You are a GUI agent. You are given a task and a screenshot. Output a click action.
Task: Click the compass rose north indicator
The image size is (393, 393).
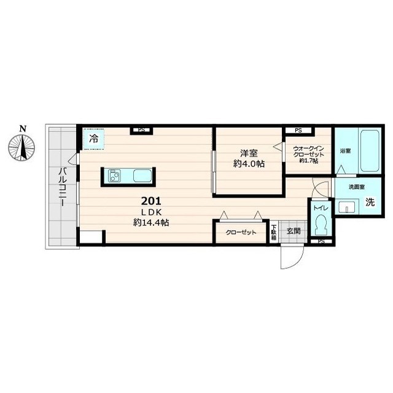point(21,146)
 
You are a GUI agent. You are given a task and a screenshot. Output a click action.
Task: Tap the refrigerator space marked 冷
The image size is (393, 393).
point(94,139)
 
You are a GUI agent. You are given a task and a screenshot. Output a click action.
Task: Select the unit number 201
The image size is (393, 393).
point(151,201)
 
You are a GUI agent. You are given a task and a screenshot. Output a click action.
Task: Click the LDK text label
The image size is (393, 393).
point(151,212)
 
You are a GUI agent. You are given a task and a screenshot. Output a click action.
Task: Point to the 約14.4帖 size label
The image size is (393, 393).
point(151,222)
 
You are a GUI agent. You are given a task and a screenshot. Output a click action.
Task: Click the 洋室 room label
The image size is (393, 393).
point(249,153)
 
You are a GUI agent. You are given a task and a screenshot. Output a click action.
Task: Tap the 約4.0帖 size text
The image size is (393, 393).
point(249,164)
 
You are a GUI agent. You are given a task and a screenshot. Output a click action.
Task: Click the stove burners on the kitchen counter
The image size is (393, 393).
point(114,176)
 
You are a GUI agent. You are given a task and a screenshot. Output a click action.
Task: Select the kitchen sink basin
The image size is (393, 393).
point(142,176)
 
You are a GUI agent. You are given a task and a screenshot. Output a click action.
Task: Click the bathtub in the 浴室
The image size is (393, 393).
point(370,151)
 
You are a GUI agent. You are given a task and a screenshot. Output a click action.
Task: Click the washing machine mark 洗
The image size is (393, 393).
point(370,202)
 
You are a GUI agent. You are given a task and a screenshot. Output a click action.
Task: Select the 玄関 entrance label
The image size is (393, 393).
point(294,231)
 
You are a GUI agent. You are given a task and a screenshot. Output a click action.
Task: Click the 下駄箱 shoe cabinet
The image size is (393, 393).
point(274,232)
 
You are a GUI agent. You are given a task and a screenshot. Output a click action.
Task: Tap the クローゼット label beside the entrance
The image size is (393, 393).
point(241,233)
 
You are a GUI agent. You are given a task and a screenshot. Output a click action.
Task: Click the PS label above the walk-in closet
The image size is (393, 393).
point(298,131)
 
